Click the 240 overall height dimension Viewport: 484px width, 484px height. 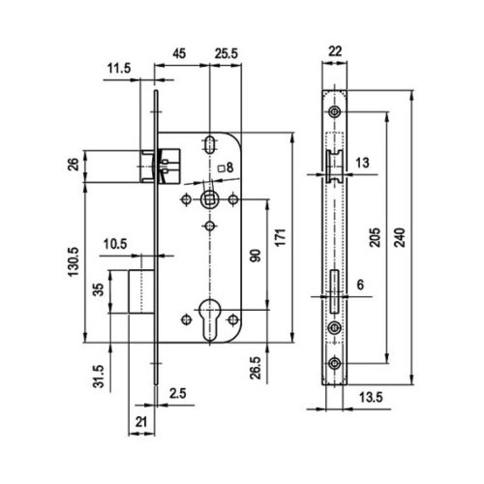400,237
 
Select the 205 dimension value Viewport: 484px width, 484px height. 375,237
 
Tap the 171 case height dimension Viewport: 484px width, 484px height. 281,237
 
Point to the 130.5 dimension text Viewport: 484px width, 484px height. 74,261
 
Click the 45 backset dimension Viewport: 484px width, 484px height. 179,53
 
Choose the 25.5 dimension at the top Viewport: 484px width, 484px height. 227,53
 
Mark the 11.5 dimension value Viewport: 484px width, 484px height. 119,69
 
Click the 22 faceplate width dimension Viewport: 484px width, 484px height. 335,51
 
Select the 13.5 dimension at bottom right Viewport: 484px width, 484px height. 371,398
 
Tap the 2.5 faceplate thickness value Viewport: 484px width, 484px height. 178,394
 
